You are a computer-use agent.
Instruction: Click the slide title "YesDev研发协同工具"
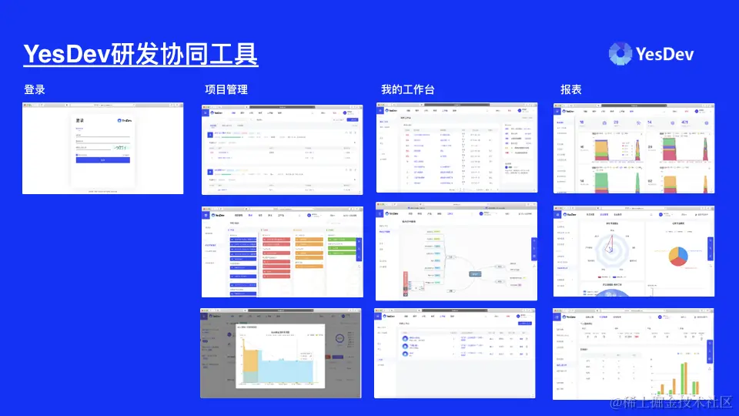click(x=140, y=54)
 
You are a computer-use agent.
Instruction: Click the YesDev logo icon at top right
click(x=620, y=53)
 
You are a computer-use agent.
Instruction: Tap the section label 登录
click(x=35, y=90)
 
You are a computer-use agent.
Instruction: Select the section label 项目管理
click(x=226, y=90)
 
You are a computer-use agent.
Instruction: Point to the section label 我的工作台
click(x=408, y=90)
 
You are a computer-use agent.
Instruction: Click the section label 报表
click(x=571, y=90)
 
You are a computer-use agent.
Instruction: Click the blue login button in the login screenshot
click(x=103, y=160)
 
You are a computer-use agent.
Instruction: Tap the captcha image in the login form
click(x=121, y=146)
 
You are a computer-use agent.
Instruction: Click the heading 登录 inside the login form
click(x=80, y=121)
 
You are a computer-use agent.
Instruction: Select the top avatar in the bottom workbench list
click(x=405, y=338)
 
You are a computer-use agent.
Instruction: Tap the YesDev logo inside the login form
click(x=124, y=121)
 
